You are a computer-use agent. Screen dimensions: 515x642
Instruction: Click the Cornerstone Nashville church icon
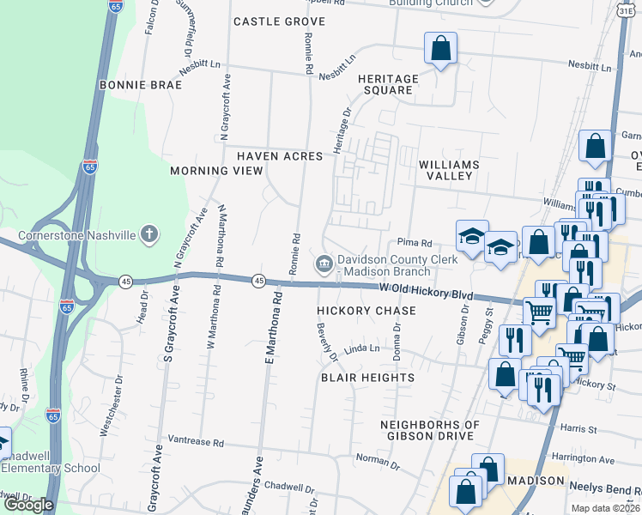(149, 234)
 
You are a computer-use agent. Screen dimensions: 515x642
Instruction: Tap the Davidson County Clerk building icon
(324, 263)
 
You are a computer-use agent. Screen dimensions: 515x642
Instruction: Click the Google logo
(28, 505)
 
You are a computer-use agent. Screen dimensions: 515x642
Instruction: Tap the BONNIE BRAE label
(141, 85)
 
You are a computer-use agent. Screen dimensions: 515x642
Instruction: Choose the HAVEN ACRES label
(280, 156)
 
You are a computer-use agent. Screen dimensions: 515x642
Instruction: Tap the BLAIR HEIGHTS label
(367, 378)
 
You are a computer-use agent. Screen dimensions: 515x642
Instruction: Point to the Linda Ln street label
(361, 348)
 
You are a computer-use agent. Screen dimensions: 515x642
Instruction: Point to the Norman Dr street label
(372, 458)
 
